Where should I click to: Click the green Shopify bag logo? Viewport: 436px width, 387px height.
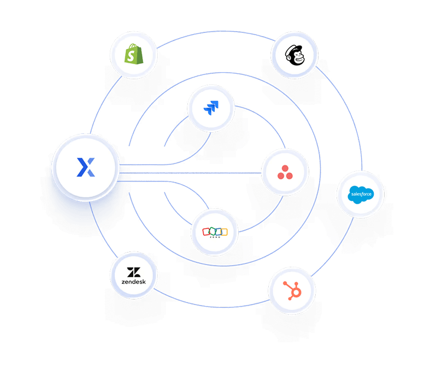(133, 54)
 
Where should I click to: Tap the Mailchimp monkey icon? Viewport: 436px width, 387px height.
(294, 55)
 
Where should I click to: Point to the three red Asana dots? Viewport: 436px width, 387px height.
(285, 173)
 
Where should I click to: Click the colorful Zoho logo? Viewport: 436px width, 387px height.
(215, 232)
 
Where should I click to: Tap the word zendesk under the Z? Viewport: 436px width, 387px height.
(134, 282)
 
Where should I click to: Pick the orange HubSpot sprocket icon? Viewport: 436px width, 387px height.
(292, 290)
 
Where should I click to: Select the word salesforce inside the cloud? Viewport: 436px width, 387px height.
(361, 193)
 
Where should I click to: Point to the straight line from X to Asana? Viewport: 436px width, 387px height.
(191, 173)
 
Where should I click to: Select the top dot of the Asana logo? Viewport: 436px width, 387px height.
(285, 168)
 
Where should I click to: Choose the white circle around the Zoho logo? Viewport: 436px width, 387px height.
(215, 246)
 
